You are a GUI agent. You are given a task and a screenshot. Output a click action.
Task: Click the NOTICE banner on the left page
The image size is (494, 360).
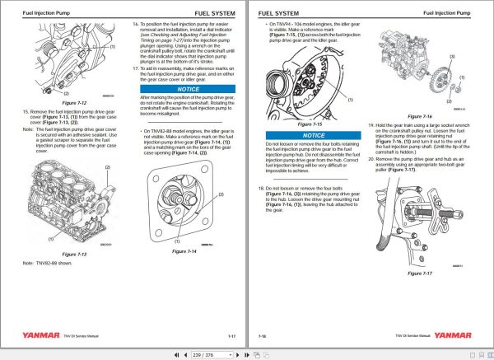coord(189,88)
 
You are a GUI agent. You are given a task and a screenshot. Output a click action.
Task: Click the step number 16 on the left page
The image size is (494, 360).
coord(136,26)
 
